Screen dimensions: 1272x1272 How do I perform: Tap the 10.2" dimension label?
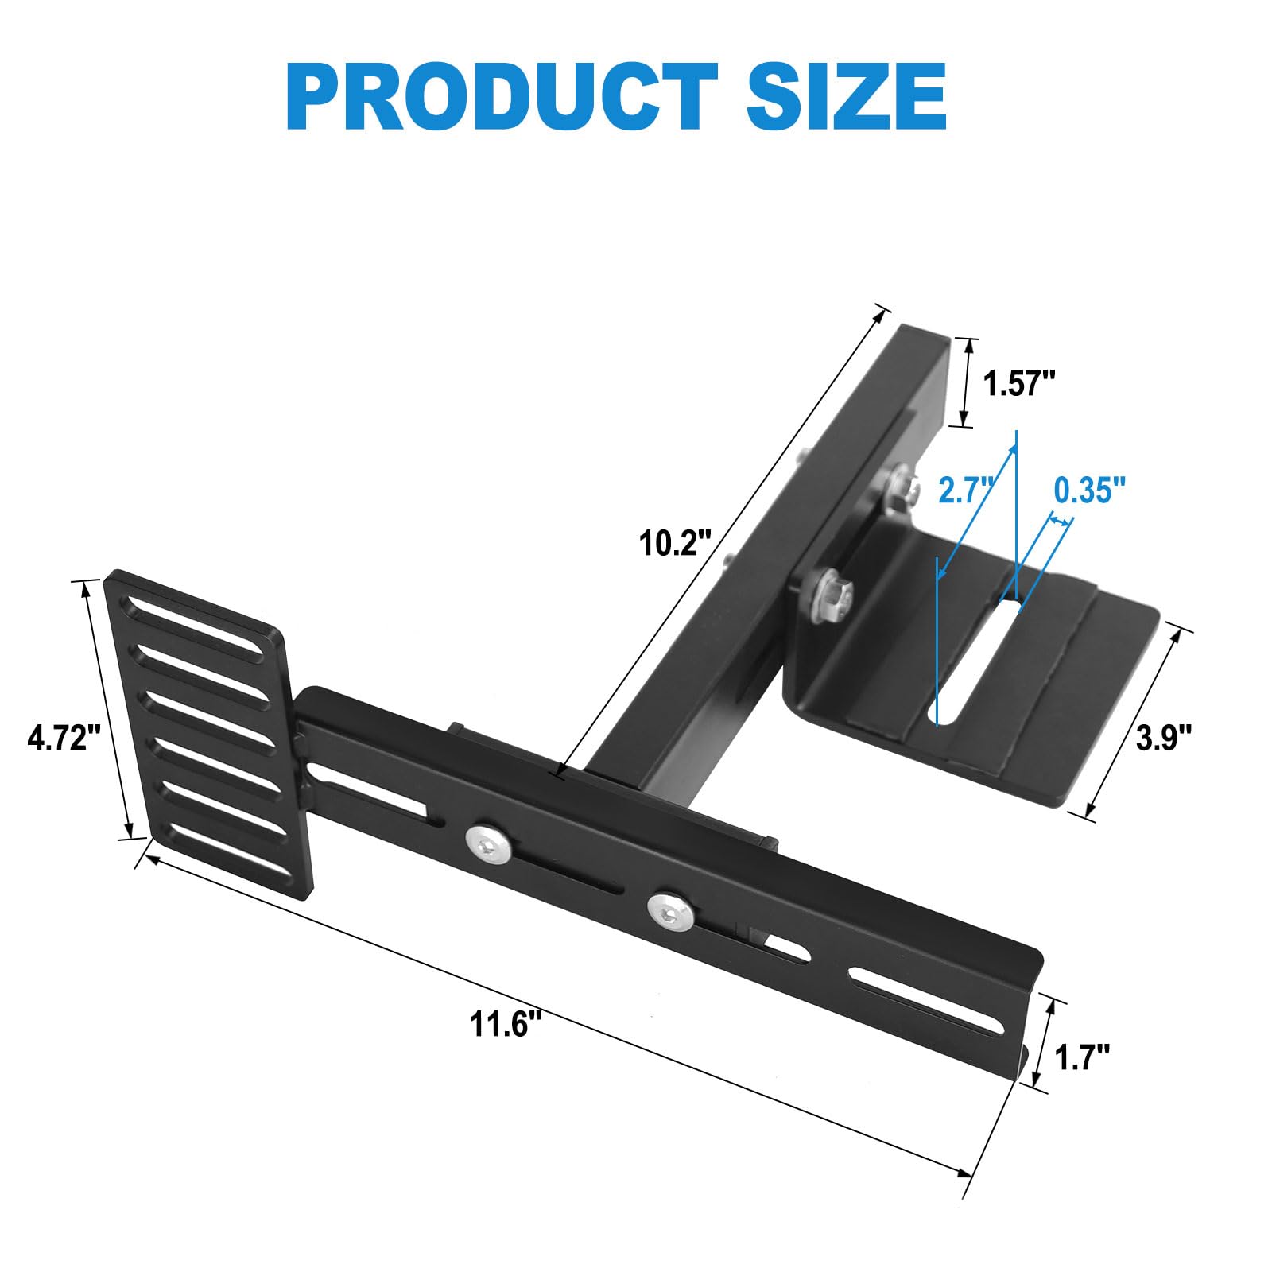pyautogui.click(x=674, y=544)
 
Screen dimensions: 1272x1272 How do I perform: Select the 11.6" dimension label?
pyautogui.click(x=508, y=1025)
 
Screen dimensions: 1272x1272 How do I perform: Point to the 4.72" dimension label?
pyautogui.click(x=64, y=739)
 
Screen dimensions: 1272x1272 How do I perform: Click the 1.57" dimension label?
pyautogui.click(x=1018, y=385)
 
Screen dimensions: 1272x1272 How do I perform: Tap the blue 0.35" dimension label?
pyautogui.click(x=1089, y=491)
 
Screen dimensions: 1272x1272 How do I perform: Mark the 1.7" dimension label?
pyautogui.click(x=1081, y=1058)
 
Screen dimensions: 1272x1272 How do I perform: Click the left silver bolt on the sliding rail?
pyautogui.click(x=487, y=843)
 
